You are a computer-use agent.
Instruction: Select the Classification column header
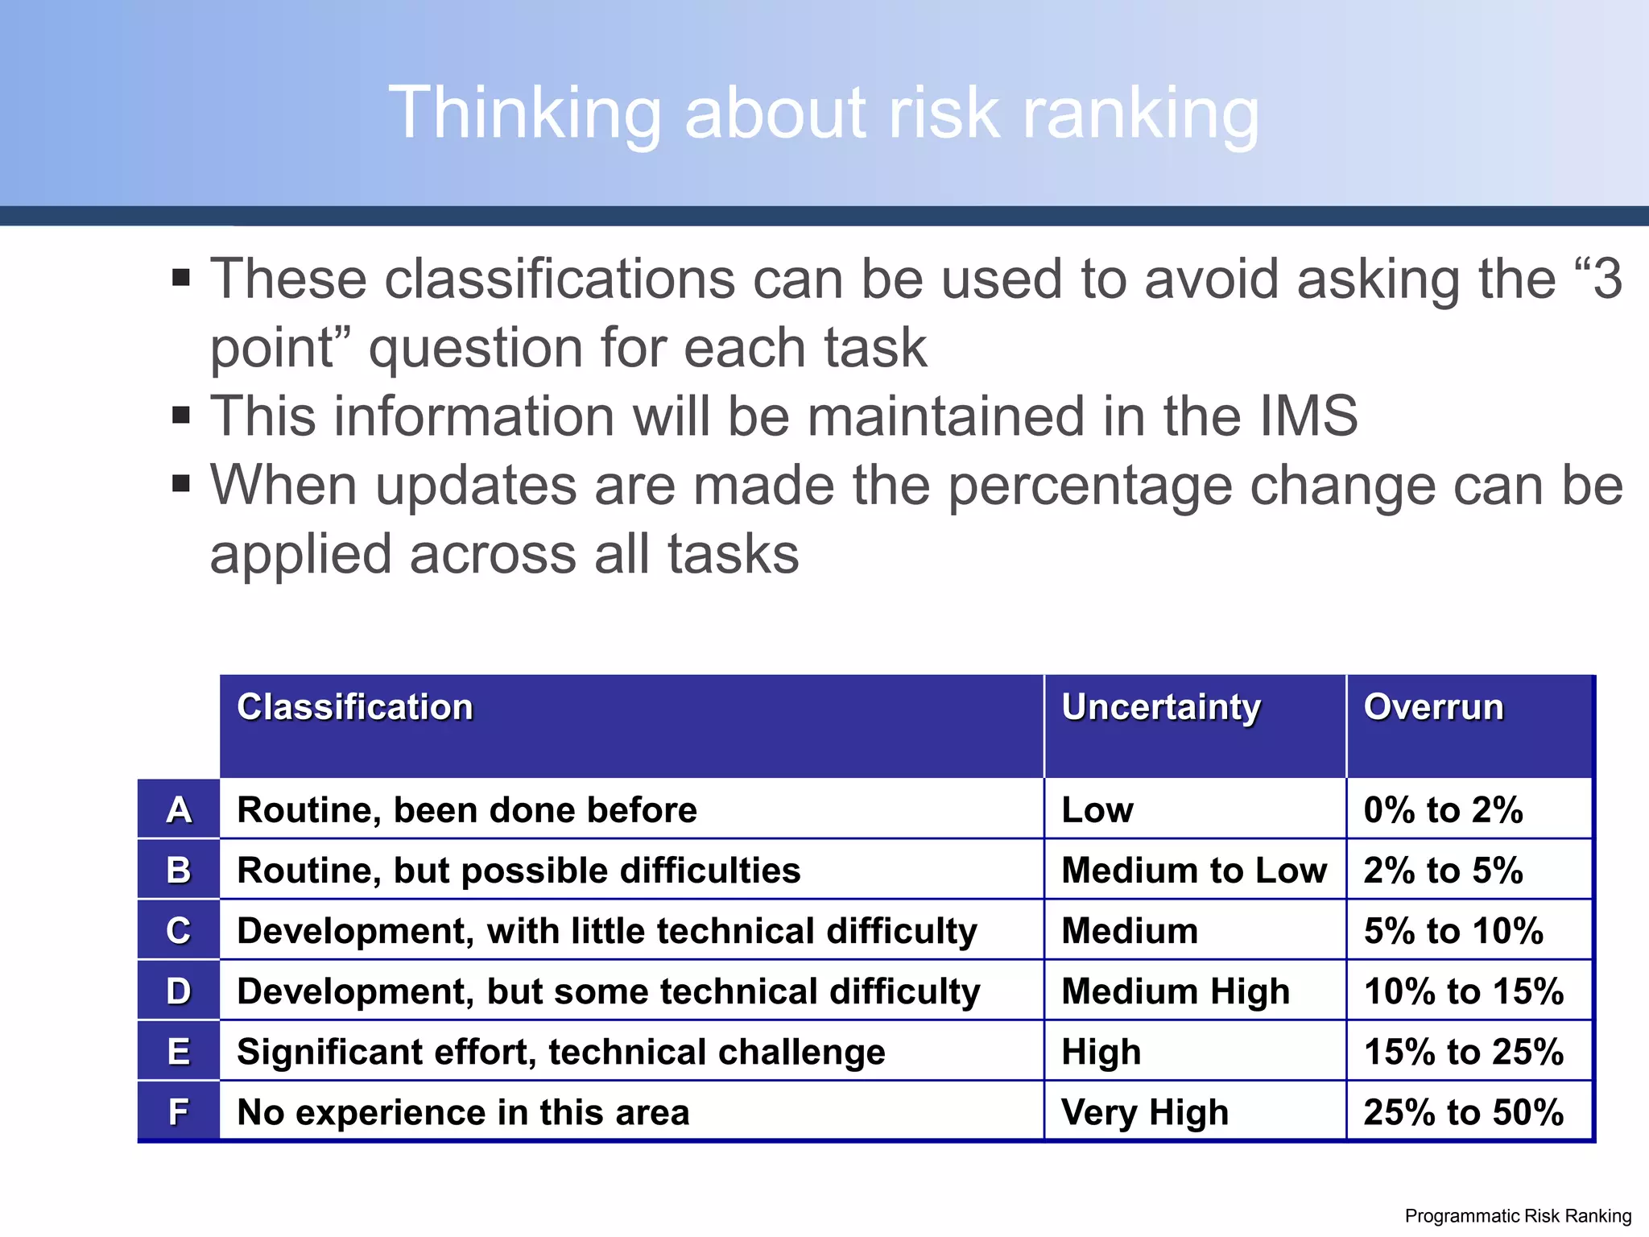point(355,707)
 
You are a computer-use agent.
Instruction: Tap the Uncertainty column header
point(1161,707)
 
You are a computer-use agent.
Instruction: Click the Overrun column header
point(1433,707)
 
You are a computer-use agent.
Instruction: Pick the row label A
point(179,810)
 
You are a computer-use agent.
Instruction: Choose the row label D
point(179,991)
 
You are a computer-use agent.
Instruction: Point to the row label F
point(179,1112)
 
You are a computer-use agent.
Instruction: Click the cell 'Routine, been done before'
point(467,810)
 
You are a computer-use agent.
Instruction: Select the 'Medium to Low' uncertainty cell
point(1194,871)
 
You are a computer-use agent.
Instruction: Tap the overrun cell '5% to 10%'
point(1453,931)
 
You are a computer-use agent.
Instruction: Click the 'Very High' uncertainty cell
point(1145,1112)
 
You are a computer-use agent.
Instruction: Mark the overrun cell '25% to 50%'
point(1464,1112)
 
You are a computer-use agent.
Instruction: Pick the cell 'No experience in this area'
point(463,1112)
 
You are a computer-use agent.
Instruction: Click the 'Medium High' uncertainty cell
point(1176,991)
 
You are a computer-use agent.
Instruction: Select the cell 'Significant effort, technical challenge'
point(561,1052)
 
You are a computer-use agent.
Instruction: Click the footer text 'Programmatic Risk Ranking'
point(1518,1216)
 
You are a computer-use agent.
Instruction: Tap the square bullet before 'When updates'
point(181,484)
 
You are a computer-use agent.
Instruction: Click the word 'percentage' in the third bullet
point(1088,486)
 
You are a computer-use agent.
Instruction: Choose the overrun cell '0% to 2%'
point(1443,810)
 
